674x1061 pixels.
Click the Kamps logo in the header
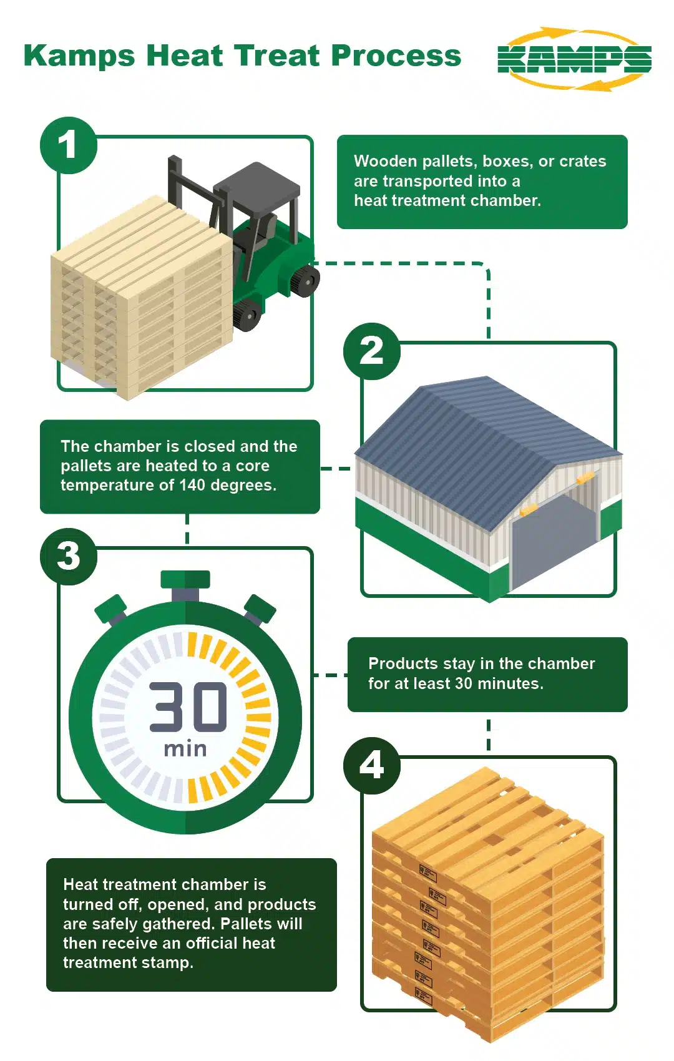pyautogui.click(x=575, y=59)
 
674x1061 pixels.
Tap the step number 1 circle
pyautogui.click(x=69, y=145)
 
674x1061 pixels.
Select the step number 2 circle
pyautogui.click(x=372, y=351)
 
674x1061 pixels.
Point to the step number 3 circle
pyautogui.click(x=69, y=556)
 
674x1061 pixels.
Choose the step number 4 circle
pyautogui.click(x=372, y=765)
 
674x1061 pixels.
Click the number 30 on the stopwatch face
pyautogui.click(x=188, y=707)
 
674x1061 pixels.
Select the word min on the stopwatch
pyautogui.click(x=185, y=749)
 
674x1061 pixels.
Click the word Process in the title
pyautogui.click(x=396, y=56)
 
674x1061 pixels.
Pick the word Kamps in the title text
pyautogui.click(x=80, y=57)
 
